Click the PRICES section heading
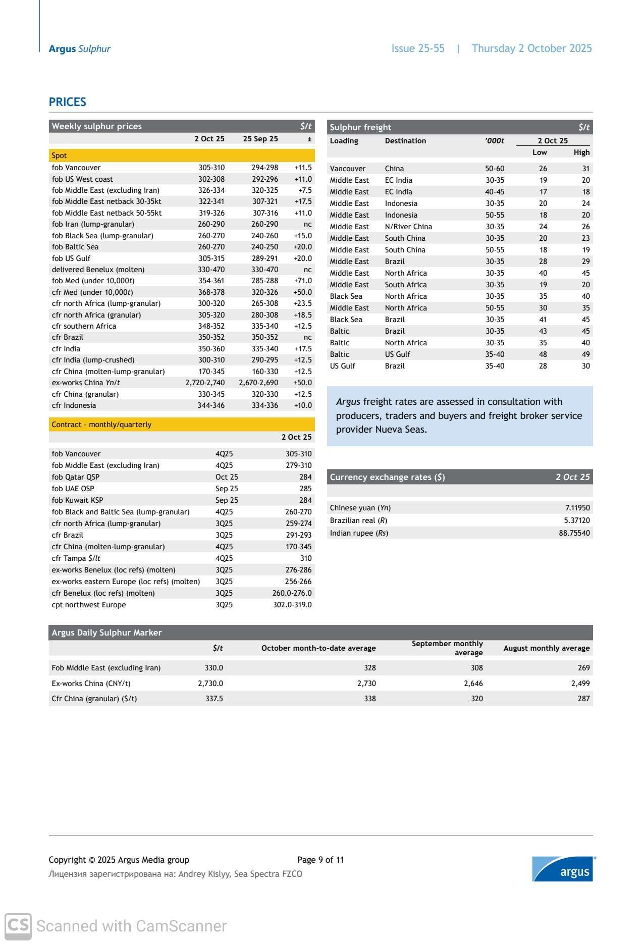67,102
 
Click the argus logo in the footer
563,869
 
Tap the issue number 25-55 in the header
418,48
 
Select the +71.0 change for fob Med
303,281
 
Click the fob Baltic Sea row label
75,247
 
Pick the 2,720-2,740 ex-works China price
205,383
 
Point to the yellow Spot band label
59,155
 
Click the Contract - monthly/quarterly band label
101,425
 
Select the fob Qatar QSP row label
76,477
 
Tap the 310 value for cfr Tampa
305,558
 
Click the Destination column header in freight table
405,141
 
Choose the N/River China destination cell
408,227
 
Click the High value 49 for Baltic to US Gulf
585,354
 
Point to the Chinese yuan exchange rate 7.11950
577,508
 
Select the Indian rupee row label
359,533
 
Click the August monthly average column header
546,648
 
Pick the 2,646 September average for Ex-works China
473,684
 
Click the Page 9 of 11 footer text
320,860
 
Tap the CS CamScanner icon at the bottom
18,926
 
